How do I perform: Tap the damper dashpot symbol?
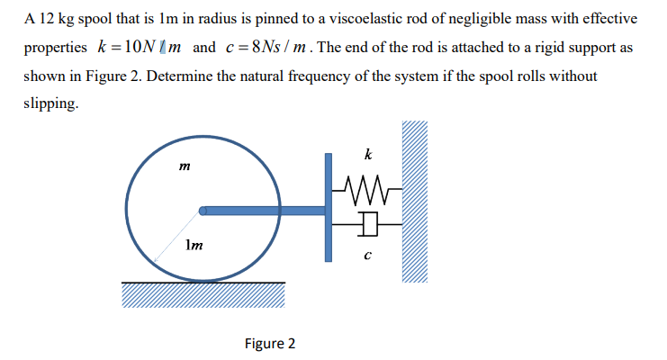368,224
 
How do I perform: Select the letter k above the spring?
368,154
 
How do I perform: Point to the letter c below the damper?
368,256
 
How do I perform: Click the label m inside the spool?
185,166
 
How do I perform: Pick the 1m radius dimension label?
194,245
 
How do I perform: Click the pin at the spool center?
203,211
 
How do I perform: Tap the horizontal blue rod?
264,211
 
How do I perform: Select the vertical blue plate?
329,208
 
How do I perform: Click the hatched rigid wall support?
415,202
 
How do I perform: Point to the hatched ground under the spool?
203,294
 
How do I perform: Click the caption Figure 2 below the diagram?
270,344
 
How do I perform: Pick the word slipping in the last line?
51,103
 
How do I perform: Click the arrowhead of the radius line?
156,260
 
